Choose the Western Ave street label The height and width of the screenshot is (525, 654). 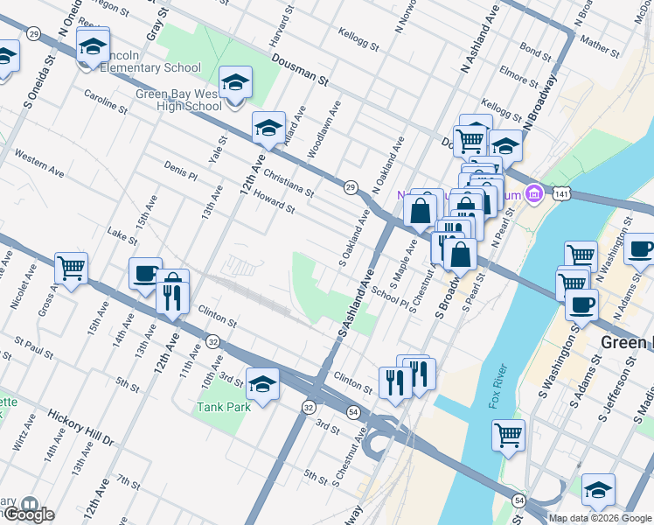(39, 164)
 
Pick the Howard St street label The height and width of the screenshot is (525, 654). (274, 203)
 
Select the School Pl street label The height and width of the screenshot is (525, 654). (389, 297)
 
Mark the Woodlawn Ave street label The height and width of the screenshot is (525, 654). (324, 129)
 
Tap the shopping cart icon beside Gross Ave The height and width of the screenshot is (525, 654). (71, 267)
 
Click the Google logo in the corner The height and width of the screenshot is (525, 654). (28, 514)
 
